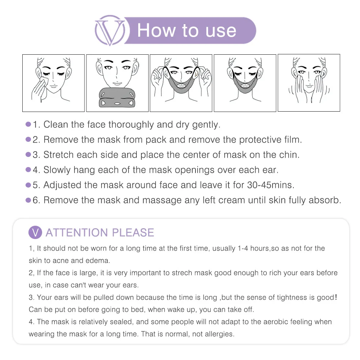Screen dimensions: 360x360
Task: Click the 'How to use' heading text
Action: tap(186, 30)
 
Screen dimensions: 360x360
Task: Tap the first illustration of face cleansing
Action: tap(53, 83)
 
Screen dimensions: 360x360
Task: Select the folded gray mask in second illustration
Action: tap(117, 98)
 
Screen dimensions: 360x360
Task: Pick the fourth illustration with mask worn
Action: tap(245, 83)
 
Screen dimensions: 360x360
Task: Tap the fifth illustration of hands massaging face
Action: tap(309, 83)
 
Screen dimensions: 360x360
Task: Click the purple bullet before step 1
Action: tap(28, 125)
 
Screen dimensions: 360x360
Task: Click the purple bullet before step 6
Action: tap(28, 200)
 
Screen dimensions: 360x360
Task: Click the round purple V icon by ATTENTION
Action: tap(35, 233)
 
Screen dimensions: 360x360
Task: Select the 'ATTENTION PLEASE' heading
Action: tap(100, 233)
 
